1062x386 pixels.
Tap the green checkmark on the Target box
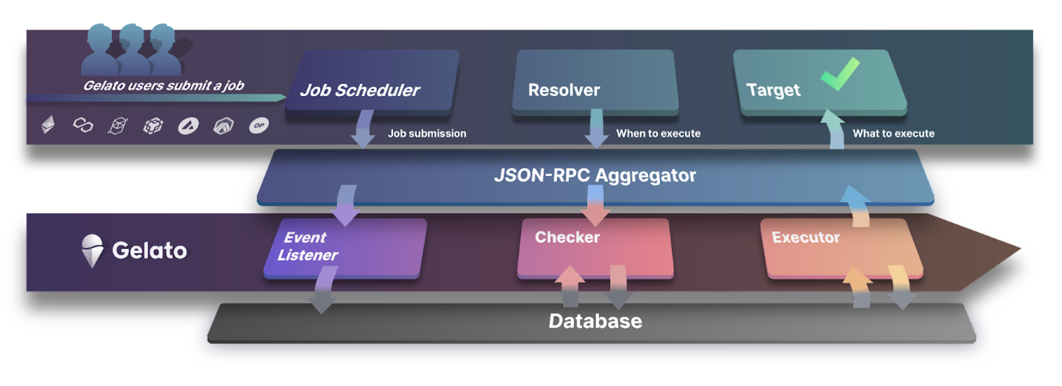point(841,73)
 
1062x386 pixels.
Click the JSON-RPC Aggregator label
point(595,175)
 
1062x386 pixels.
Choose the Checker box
point(595,247)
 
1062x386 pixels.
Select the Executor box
point(841,247)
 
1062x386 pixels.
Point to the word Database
point(595,321)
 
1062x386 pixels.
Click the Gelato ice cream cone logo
point(92,251)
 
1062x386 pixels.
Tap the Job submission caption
point(427,134)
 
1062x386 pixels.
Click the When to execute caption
point(658,134)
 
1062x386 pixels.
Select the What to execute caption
point(893,134)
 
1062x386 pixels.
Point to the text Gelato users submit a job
point(163,86)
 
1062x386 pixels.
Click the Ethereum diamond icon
point(48,125)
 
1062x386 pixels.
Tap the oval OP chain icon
point(259,125)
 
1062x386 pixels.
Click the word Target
point(773,90)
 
